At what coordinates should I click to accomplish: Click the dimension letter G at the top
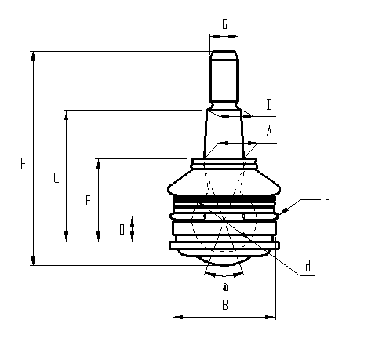[225, 24]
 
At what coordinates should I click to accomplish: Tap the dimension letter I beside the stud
[268, 104]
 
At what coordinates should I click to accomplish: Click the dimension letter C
[56, 178]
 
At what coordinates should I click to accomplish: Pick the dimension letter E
[88, 201]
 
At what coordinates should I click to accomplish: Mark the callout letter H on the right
[326, 200]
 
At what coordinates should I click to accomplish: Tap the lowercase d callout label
[308, 267]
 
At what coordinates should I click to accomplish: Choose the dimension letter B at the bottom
[224, 305]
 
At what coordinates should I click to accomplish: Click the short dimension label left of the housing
[122, 229]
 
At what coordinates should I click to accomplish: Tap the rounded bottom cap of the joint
[224, 259]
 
